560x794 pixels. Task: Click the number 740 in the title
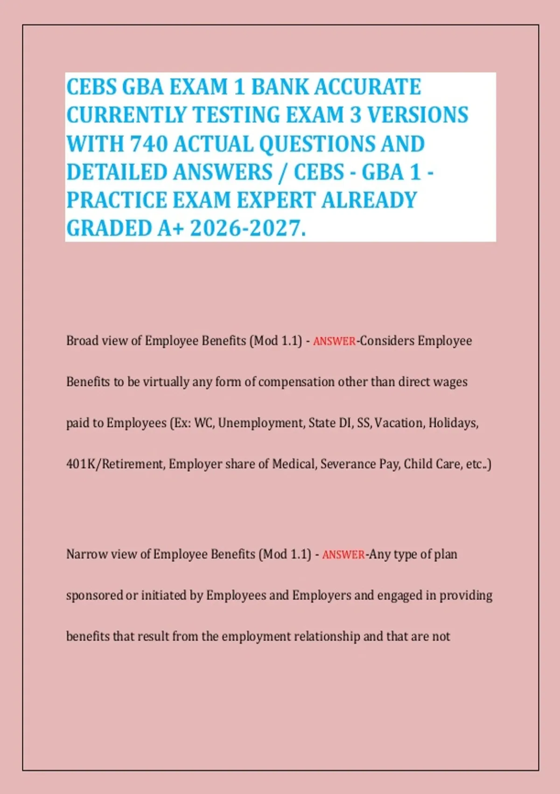coord(148,143)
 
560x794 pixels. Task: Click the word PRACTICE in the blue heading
coord(117,200)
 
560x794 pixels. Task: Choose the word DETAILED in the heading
coord(117,172)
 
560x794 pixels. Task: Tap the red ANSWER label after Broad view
coord(334,341)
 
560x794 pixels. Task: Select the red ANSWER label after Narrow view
coord(343,555)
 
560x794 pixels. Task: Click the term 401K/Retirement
coord(115,464)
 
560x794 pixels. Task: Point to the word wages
coord(450,382)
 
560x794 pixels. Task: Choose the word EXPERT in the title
coord(277,200)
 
